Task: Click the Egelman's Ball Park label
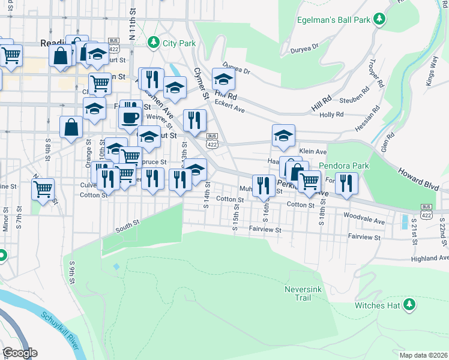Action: coord(333,19)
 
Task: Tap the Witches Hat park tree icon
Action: coord(410,304)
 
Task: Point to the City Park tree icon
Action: coord(154,43)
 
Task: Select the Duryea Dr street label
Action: coord(235,67)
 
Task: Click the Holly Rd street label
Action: coord(331,114)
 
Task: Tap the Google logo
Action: coord(19,353)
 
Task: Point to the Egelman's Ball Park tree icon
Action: coord(379,19)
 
